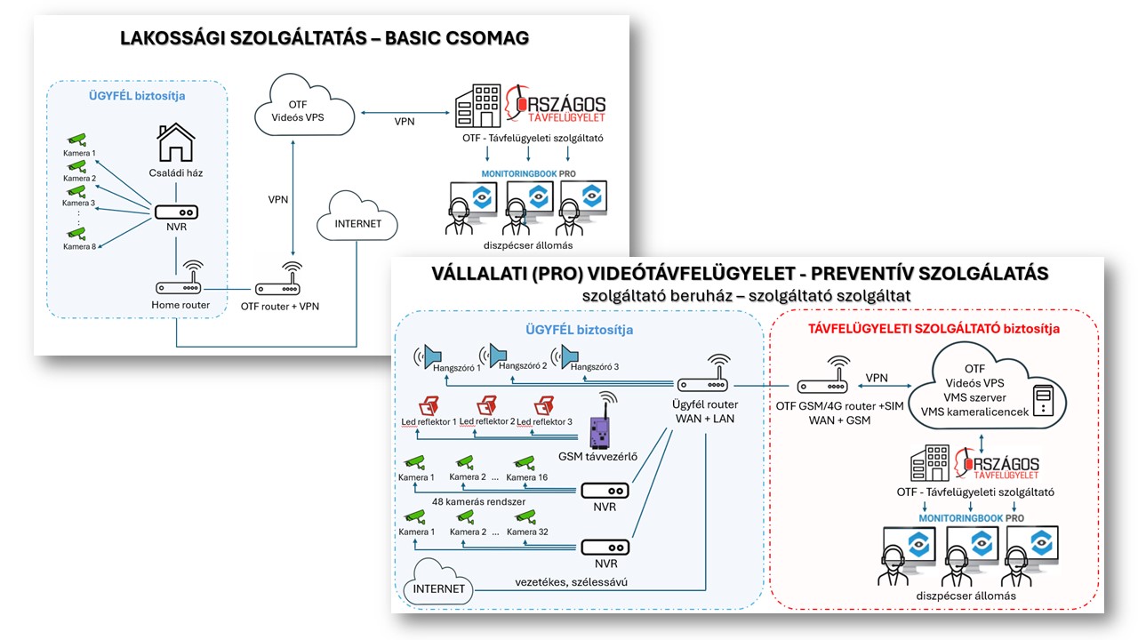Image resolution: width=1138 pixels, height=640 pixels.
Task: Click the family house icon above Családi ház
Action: point(175,142)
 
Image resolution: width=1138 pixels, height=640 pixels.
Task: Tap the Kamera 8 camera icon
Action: point(77,234)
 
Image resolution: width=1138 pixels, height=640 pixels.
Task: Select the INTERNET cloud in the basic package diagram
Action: point(357,223)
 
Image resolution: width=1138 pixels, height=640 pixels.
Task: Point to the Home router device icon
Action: point(179,287)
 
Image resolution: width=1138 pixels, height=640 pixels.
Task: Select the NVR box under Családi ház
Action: point(175,213)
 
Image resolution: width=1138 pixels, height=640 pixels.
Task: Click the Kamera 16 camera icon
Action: point(525,462)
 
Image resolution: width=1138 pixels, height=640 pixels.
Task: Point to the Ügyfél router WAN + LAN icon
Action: point(701,384)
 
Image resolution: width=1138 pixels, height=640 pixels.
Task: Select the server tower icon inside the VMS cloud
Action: point(1043,397)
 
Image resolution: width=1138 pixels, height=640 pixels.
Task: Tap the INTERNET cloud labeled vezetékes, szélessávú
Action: point(438,588)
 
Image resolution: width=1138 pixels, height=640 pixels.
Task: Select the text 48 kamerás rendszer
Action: point(478,501)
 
